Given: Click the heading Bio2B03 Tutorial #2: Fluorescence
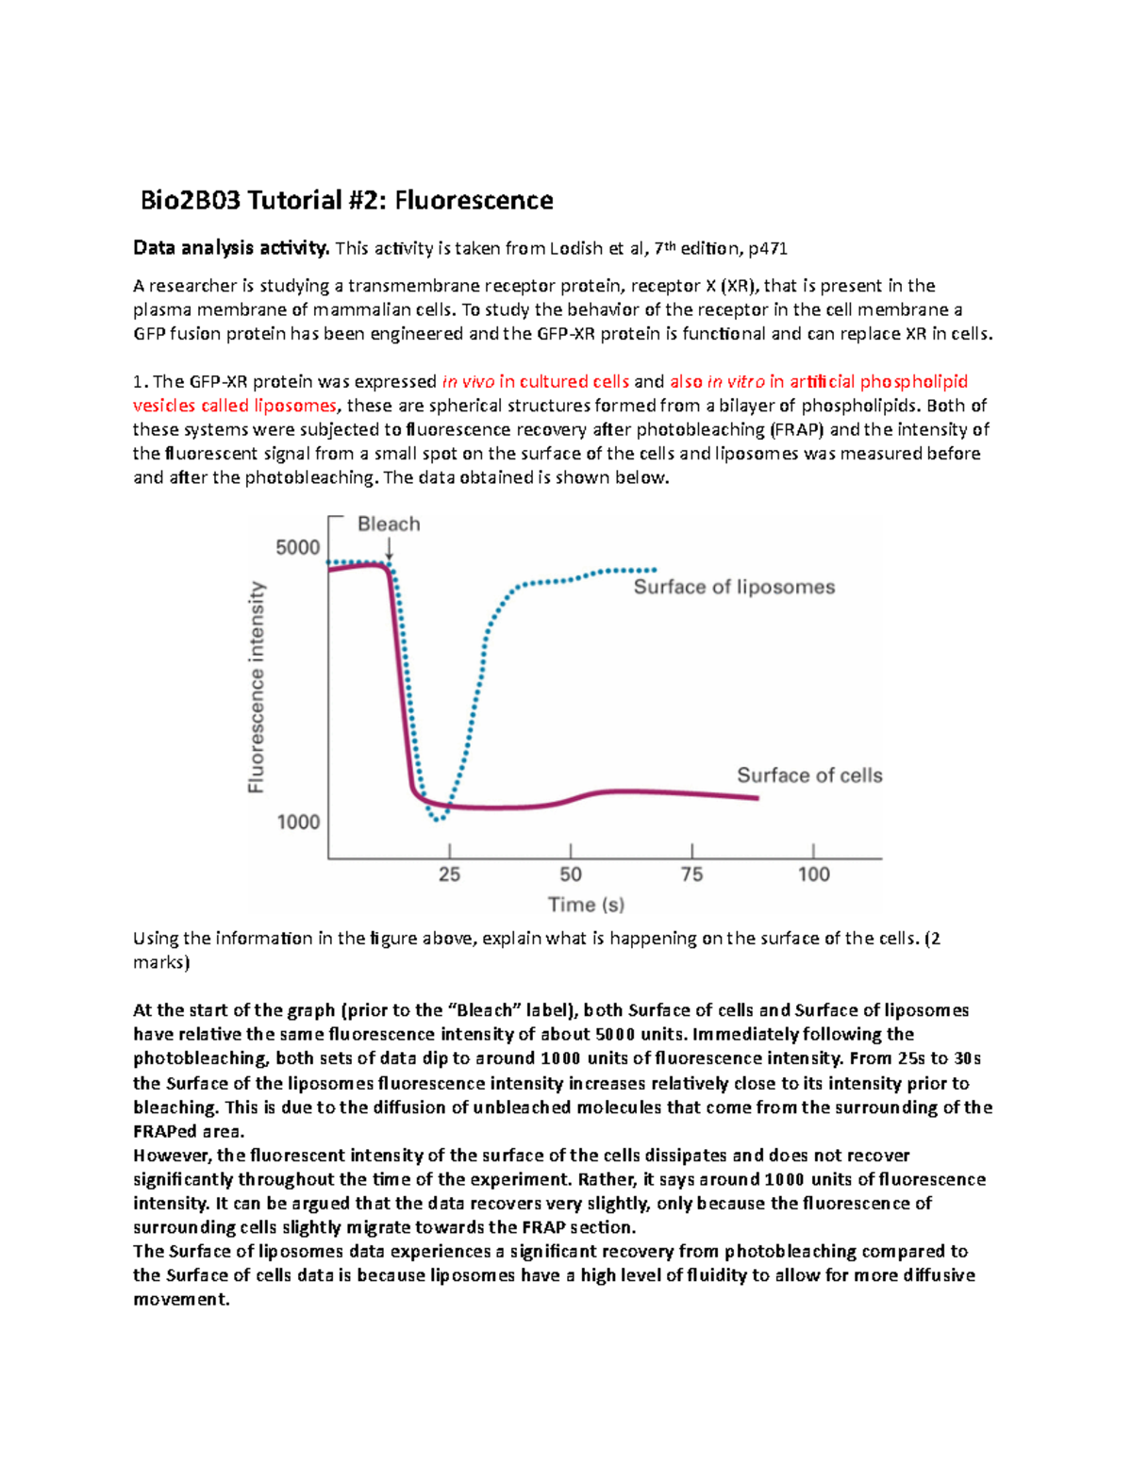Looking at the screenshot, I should pos(346,200).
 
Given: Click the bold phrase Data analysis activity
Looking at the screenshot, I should pos(231,248).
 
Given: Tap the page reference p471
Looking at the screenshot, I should pos(767,248).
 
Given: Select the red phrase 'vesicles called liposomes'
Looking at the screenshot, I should pos(235,406).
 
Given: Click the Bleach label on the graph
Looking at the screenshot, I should pos(389,524).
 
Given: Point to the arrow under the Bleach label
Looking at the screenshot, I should pos(389,550).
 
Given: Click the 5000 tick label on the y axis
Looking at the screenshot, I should pos(297,547).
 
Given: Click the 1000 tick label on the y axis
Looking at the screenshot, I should pos(298,822).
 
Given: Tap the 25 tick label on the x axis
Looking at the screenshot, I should pos(449,874).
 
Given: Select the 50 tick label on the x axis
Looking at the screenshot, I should pos(571,874).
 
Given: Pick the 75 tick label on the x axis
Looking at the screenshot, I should pos(691,874).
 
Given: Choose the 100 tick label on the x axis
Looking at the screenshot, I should pos(813,874).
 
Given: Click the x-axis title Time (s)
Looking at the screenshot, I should pos(586,905).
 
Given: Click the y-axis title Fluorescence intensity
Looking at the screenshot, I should pos(256,687).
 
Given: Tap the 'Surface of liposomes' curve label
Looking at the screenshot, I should pos(734,587).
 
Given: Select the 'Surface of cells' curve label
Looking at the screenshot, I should pos(809,775).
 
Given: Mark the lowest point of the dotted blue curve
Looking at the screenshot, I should pos(437,819).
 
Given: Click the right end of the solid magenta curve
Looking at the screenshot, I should pos(757,798).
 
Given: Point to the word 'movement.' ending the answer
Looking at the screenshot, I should pos(181,1299).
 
